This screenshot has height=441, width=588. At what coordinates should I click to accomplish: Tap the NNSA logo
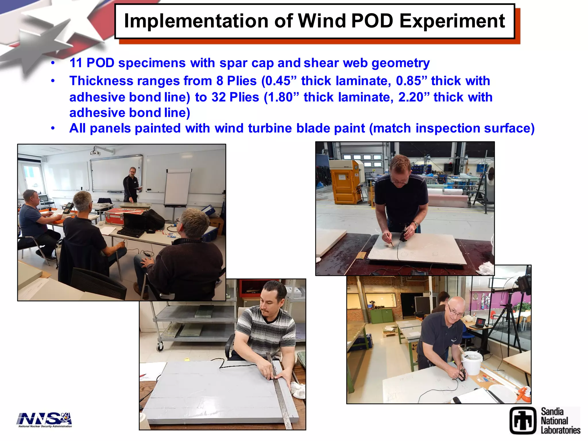pyautogui.click(x=45, y=419)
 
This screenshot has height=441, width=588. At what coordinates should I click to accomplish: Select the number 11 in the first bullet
pyautogui.click(x=76, y=63)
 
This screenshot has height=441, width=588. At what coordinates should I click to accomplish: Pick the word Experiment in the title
pyautogui.click(x=452, y=21)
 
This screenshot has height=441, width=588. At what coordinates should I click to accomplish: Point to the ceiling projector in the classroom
pyautogui.click(x=95, y=152)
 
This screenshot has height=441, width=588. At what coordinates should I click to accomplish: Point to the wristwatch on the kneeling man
pyautogui.click(x=415, y=224)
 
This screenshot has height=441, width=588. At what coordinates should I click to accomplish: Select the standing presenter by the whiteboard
pyautogui.click(x=131, y=184)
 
